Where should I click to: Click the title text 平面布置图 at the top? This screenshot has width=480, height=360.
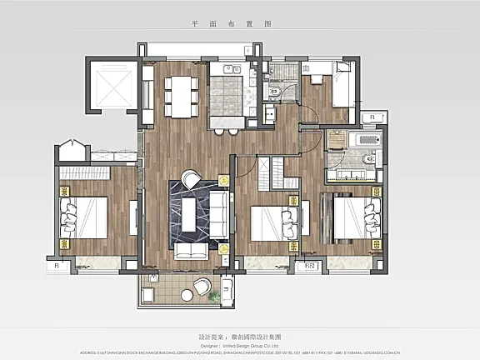tap(239, 26)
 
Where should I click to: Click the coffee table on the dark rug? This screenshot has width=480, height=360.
tap(192, 215)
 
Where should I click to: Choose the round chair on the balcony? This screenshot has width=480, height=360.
tap(202, 287)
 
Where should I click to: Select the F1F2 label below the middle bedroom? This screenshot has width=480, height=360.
tap(309, 266)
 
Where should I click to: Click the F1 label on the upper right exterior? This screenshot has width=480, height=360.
tap(372, 117)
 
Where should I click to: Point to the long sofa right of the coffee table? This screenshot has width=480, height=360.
tap(218, 214)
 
